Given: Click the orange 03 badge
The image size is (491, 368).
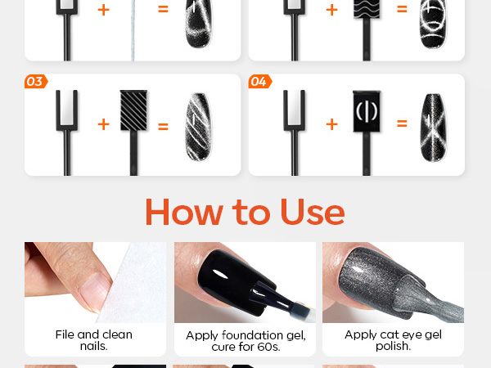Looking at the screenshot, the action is pos(36,82).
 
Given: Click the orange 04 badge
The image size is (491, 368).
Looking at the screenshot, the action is pos(260,82).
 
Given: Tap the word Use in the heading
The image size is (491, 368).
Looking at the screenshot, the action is pos(313,212).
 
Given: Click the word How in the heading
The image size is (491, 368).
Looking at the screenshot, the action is pos(184,212).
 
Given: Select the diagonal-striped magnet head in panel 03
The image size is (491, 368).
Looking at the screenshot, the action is pos(133,110).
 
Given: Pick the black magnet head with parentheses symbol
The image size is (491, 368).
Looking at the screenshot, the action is pos(367,111).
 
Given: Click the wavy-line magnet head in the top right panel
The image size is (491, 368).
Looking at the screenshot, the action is pos(367,9).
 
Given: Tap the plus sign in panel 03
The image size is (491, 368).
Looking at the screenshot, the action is pos(104,124).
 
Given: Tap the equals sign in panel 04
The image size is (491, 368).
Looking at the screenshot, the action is pos(402,123).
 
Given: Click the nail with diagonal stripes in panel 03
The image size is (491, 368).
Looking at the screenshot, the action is pos(198,127).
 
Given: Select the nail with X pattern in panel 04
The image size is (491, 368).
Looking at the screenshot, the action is pos(434,128).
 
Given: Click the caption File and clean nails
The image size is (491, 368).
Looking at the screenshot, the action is pos(94,340).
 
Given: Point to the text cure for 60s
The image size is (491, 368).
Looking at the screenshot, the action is pos(245,347).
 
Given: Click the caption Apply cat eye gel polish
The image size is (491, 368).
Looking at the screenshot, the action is pos(394,340).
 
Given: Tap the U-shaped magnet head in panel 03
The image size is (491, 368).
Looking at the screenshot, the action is pos(67,110).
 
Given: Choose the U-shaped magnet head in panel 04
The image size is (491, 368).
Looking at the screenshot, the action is pos(294,110).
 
